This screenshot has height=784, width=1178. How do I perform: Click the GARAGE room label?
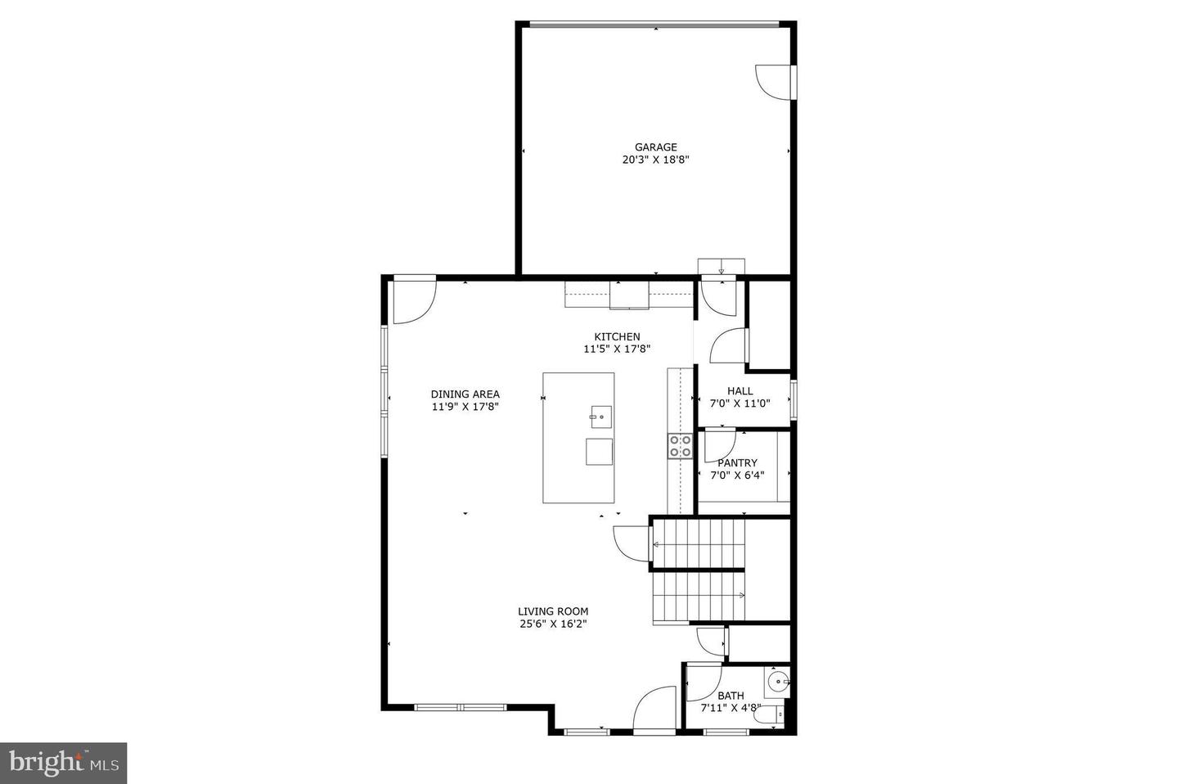click(655, 147)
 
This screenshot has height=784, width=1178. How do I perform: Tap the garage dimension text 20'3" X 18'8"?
click(655, 160)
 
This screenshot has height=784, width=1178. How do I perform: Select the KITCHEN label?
click(617, 336)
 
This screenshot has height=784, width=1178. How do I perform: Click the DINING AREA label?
click(465, 394)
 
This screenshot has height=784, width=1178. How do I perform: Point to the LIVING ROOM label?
click(553, 611)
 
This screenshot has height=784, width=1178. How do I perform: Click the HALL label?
click(740, 391)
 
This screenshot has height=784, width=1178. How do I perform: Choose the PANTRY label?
click(737, 463)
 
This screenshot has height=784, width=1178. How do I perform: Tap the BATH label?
click(731, 696)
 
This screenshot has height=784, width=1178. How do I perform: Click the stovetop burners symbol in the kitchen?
click(680, 445)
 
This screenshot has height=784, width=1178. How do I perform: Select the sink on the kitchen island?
click(600, 417)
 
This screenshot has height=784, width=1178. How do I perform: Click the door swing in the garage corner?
click(772, 82)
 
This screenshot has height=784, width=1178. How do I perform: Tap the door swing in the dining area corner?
click(413, 300)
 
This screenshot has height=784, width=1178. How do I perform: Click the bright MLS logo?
click(63, 763)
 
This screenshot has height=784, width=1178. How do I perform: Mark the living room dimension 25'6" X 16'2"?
click(553, 624)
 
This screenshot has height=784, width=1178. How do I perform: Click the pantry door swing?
click(718, 444)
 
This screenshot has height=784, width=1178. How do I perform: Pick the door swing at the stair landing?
click(632, 541)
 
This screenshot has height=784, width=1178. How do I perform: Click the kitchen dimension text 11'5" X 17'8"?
click(617, 349)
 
